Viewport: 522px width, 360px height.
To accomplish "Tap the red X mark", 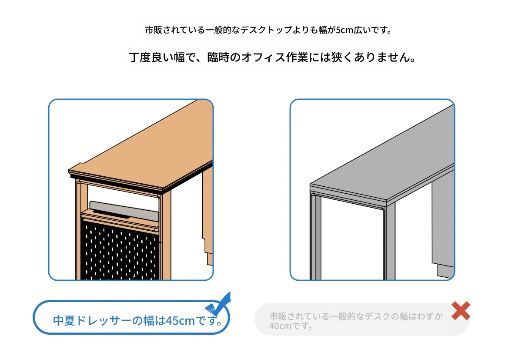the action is [x=461, y=310].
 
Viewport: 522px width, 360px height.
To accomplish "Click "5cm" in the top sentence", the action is [x=345, y=30].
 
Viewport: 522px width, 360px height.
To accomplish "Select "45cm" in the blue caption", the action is [x=180, y=320].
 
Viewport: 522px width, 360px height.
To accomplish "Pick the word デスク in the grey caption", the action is [x=378, y=316].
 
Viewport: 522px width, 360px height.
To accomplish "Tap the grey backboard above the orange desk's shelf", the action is [x=124, y=211].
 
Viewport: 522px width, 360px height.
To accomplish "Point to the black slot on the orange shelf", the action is [x=111, y=214].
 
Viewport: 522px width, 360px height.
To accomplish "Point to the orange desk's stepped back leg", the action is [x=207, y=217].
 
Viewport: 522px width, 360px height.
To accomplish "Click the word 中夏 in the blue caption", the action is [x=64, y=320].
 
